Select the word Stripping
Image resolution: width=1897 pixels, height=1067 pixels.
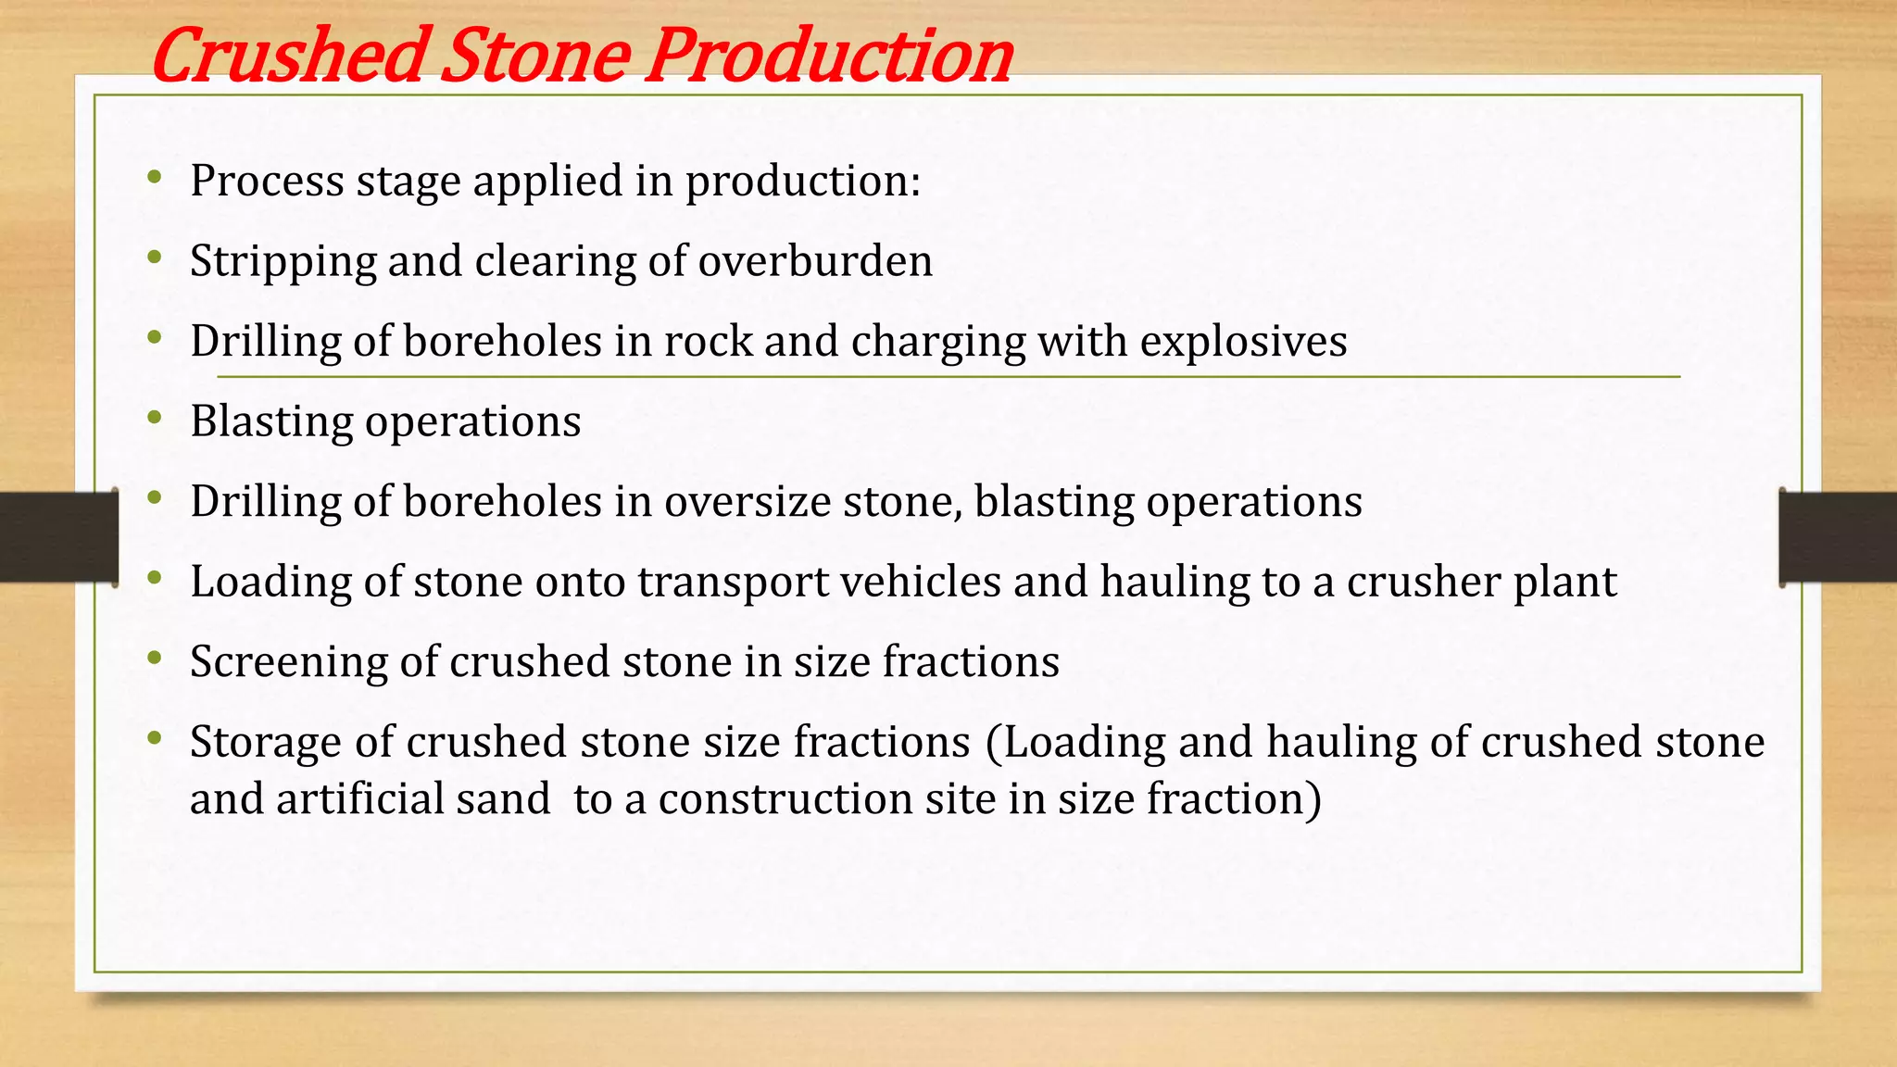pos(283,261)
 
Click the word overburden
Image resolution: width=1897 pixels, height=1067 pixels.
pos(815,261)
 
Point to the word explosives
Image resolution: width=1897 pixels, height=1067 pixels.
pos(1243,342)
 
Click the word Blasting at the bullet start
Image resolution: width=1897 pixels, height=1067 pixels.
pos(271,421)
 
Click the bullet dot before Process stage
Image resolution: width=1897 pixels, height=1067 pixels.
pos(155,177)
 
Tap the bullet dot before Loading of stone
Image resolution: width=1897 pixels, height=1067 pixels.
pos(155,579)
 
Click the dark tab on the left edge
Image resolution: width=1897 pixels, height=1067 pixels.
pos(58,537)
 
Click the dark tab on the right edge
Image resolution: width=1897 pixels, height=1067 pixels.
pos(1838,537)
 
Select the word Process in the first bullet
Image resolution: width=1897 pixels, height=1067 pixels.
pos(267,181)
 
